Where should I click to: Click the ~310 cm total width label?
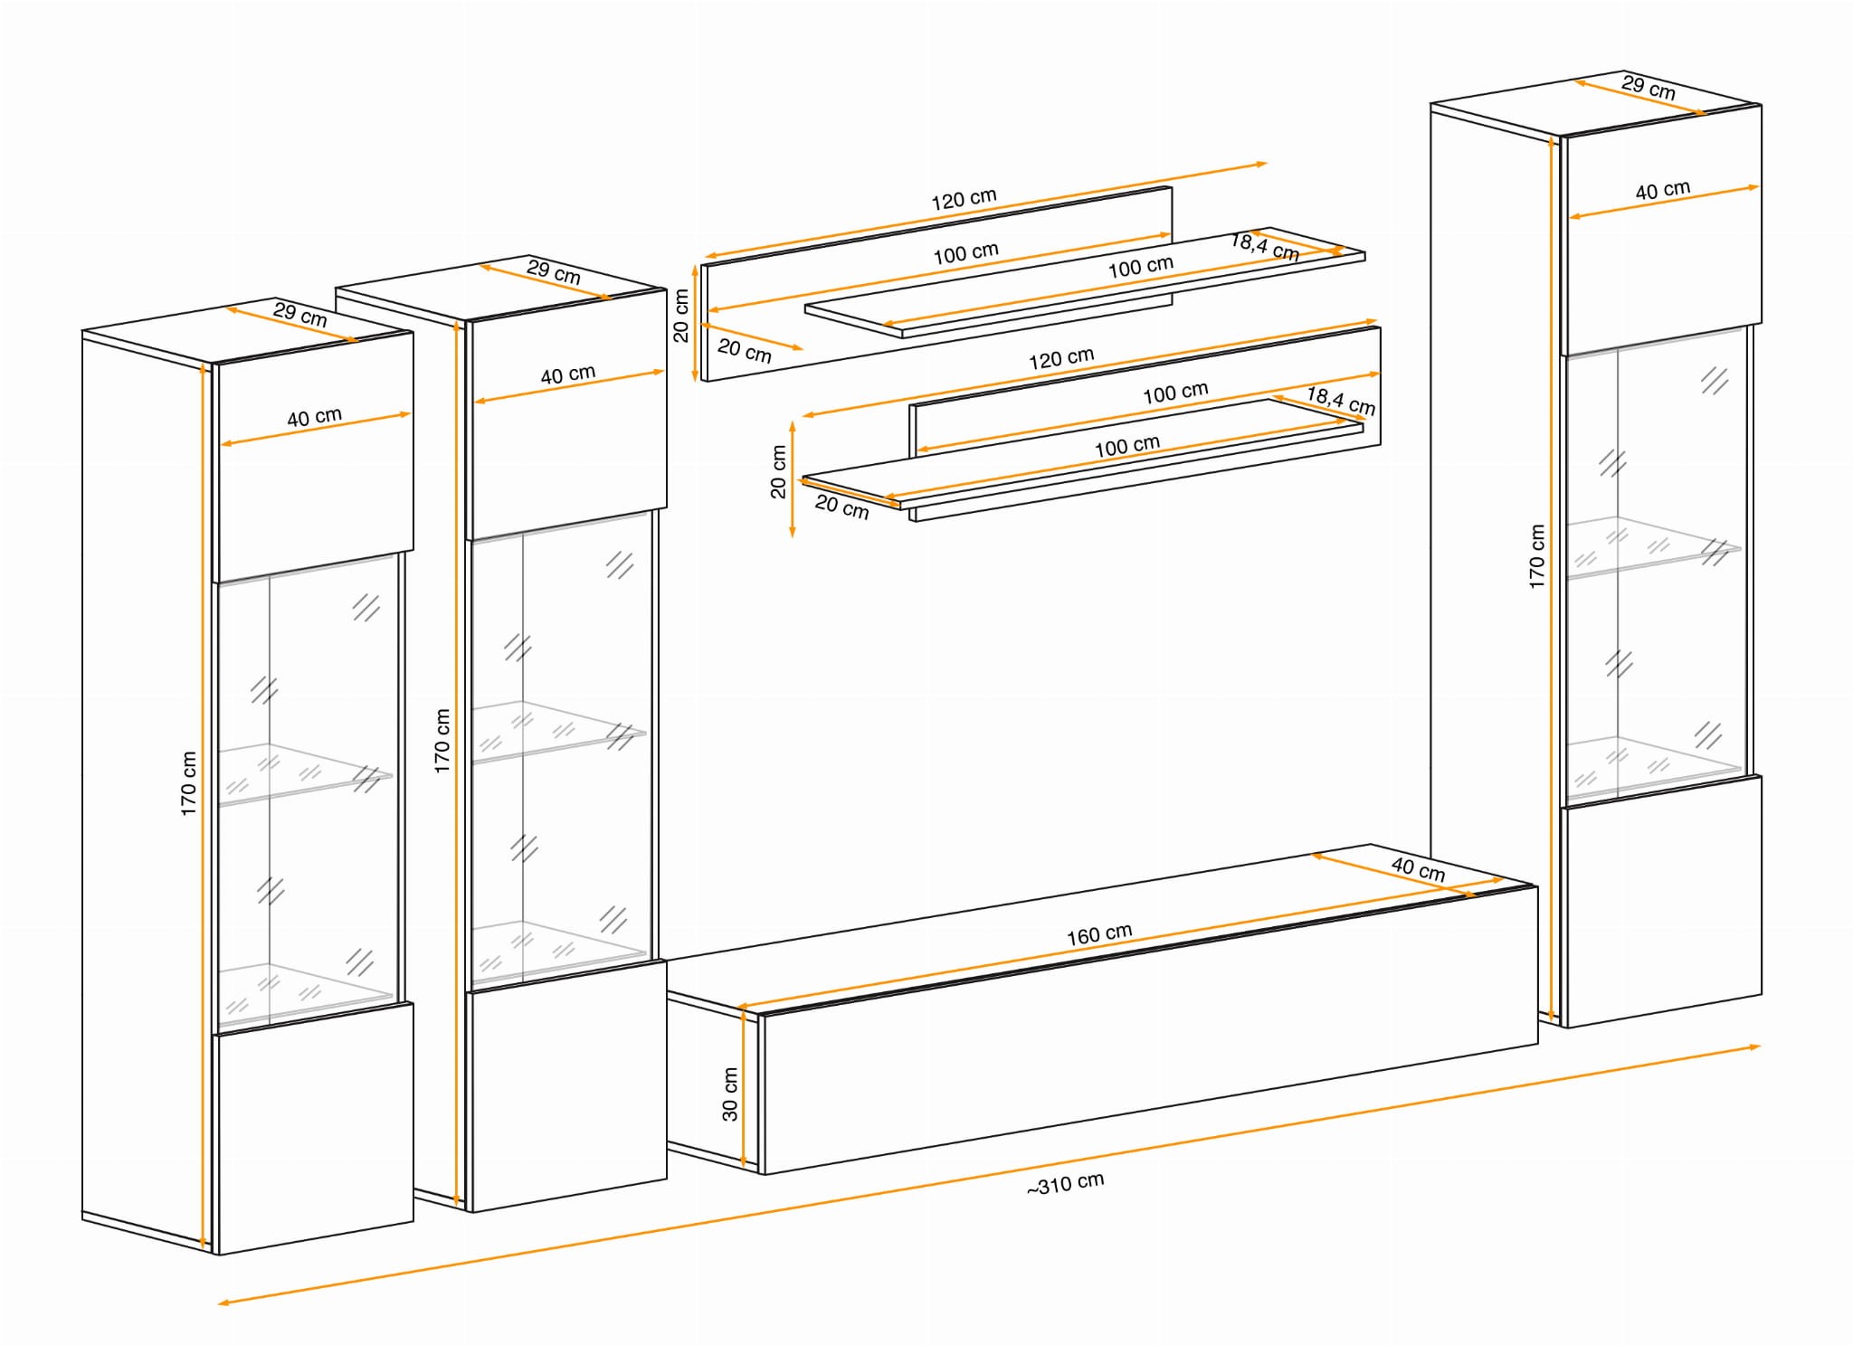coord(1065,1184)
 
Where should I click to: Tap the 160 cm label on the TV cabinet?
coord(1099,934)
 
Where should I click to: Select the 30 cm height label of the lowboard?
coord(730,1094)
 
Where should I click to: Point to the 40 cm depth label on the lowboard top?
coord(1418,869)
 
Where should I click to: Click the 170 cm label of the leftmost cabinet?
coord(188,783)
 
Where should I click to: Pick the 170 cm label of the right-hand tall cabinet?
coord(1536,557)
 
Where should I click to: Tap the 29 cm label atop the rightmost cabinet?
coord(1648,88)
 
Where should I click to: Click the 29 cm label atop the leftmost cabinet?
coord(299,314)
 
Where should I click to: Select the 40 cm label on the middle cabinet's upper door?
coord(567,374)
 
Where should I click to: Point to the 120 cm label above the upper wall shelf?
coord(964,199)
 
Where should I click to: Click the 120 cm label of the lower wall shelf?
coord(1061,358)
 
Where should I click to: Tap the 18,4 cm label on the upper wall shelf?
coord(1265,246)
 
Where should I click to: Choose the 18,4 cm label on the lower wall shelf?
coord(1341,401)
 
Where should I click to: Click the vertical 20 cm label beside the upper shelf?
coord(680,316)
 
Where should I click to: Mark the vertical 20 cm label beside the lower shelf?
coord(778,472)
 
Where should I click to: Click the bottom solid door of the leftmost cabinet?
coord(313,1128)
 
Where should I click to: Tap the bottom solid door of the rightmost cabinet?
coord(1662,901)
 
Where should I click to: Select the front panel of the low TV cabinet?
coord(1149,1030)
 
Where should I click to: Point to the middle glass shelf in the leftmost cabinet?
coord(305,775)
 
